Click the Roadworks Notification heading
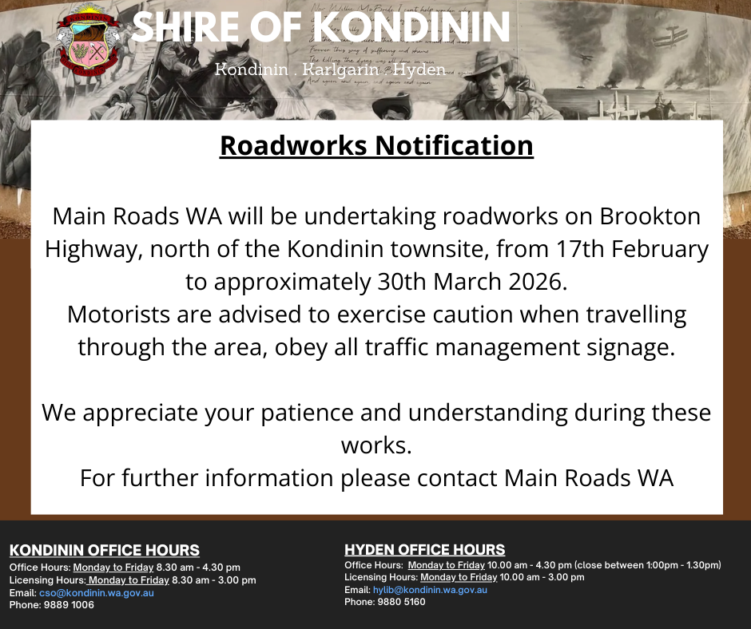(x=376, y=146)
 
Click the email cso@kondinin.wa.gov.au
(x=96, y=593)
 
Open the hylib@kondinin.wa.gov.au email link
(x=430, y=590)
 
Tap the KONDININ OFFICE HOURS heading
(x=105, y=551)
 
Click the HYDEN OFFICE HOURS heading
(x=425, y=550)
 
